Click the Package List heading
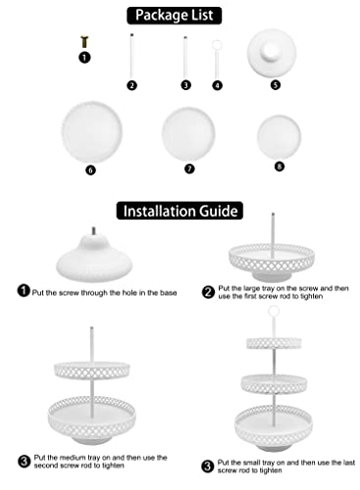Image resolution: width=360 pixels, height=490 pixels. (x=174, y=16)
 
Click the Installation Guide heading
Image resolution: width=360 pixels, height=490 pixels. (x=180, y=211)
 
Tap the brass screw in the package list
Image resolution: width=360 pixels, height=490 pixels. (x=84, y=41)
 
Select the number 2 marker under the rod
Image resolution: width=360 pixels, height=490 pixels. (x=131, y=85)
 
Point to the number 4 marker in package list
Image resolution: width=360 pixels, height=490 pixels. (x=218, y=85)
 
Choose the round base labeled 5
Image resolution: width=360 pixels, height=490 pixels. (x=272, y=53)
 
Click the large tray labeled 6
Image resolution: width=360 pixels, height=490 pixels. (x=92, y=132)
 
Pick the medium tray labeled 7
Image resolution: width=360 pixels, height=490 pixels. (x=188, y=134)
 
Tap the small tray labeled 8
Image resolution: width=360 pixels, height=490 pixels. (x=279, y=137)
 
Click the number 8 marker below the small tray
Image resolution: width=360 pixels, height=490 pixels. (x=280, y=167)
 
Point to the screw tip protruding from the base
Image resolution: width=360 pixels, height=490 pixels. (x=94, y=230)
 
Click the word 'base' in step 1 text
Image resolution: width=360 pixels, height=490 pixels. (x=169, y=293)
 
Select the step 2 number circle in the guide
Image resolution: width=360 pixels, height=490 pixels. (x=208, y=292)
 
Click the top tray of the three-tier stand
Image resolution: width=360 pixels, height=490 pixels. (x=274, y=344)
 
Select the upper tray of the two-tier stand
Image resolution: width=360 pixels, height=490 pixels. (x=92, y=370)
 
